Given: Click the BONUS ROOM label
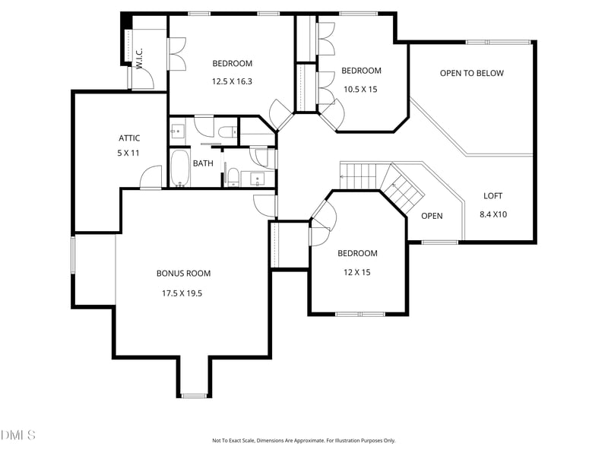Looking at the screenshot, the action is tap(183, 274).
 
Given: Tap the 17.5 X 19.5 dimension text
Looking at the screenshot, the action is tap(182, 293).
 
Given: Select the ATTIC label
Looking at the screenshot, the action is tap(129, 138).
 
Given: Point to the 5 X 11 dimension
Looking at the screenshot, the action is tap(128, 154).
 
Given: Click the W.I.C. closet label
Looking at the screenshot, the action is tap(140, 59).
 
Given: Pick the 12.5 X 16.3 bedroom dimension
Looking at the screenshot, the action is tap(232, 81).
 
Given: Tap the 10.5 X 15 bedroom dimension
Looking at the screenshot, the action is tap(360, 89).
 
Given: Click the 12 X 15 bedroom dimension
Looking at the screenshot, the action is tap(356, 272).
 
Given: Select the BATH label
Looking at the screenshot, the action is tap(203, 163).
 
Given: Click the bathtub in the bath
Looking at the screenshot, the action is tap(180, 168).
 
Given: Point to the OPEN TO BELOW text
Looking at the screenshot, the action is tap(471, 73).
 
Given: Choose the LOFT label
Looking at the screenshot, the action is tap(492, 196).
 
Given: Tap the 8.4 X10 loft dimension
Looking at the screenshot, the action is tap(493, 214).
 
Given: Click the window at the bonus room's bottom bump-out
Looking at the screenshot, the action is tap(195, 395).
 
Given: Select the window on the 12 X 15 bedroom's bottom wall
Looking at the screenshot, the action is tap(360, 314).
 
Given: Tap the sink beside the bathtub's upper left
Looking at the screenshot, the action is tap(178, 131).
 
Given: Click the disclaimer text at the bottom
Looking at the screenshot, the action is tap(303, 441).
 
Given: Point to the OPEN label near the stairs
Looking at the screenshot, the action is tap(432, 216).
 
